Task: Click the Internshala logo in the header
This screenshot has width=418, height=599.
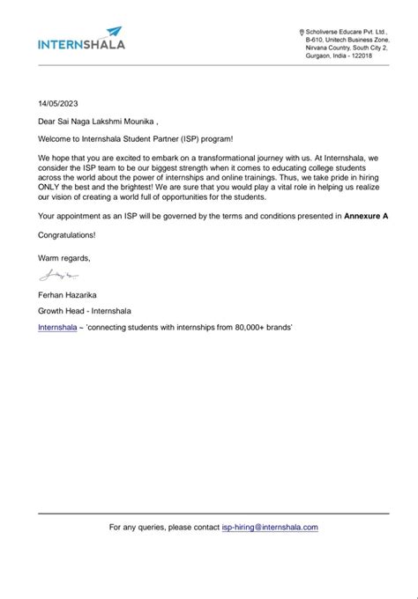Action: pos(81,41)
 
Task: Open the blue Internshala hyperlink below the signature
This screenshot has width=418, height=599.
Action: pos(57,328)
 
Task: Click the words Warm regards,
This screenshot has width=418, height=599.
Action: pos(63,256)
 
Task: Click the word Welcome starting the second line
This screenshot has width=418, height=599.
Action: pos(56,140)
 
